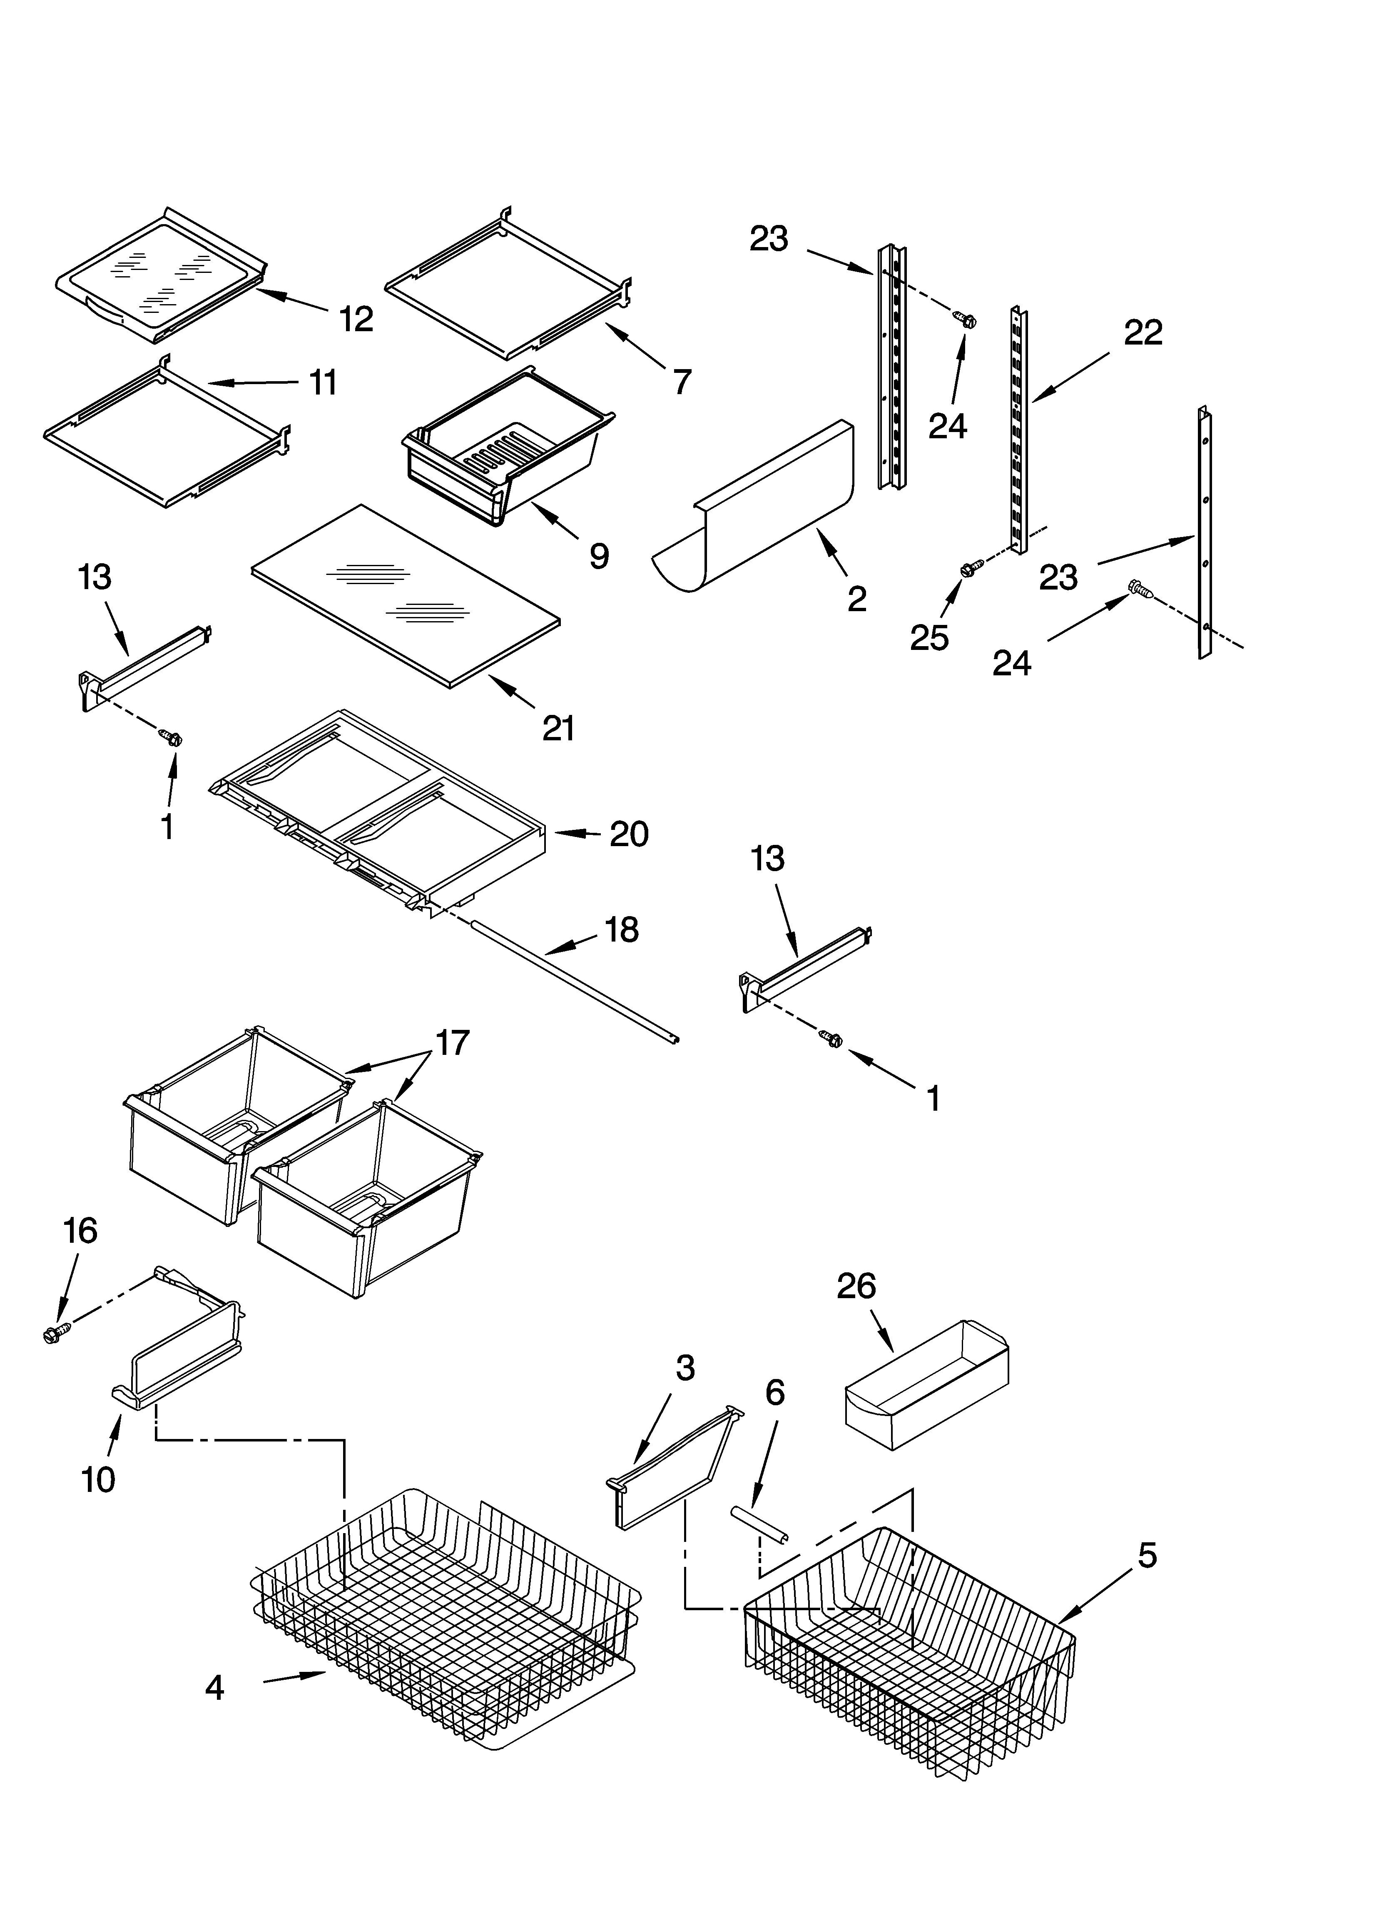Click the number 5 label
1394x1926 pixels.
click(x=1146, y=1556)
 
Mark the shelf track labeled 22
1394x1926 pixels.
click(x=1019, y=433)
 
